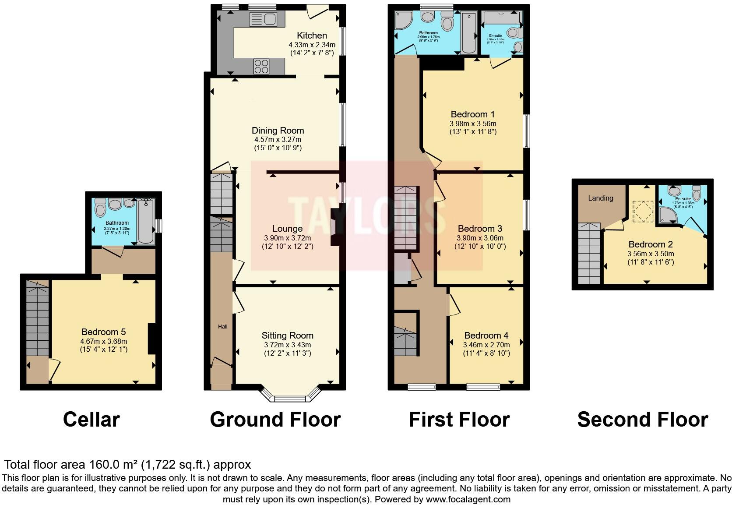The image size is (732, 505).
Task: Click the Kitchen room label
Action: click(x=312, y=35)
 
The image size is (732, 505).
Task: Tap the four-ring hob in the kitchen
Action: click(x=261, y=67)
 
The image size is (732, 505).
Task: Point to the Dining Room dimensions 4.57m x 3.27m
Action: click(x=278, y=139)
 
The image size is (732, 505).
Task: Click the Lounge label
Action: click(x=287, y=229)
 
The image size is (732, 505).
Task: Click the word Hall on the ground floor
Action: click(x=223, y=326)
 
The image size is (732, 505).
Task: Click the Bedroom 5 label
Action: click(x=103, y=332)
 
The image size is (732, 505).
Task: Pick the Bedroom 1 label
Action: click(x=472, y=114)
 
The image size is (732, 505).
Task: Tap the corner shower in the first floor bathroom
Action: click(x=402, y=19)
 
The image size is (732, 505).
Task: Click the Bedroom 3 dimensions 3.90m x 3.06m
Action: click(x=480, y=238)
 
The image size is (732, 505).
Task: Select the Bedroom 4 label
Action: click(x=486, y=335)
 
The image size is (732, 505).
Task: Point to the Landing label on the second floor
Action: click(x=600, y=198)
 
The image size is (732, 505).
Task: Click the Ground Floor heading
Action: click(x=275, y=419)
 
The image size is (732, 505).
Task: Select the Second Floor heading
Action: click(x=642, y=419)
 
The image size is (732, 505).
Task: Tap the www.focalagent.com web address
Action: click(x=468, y=499)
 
